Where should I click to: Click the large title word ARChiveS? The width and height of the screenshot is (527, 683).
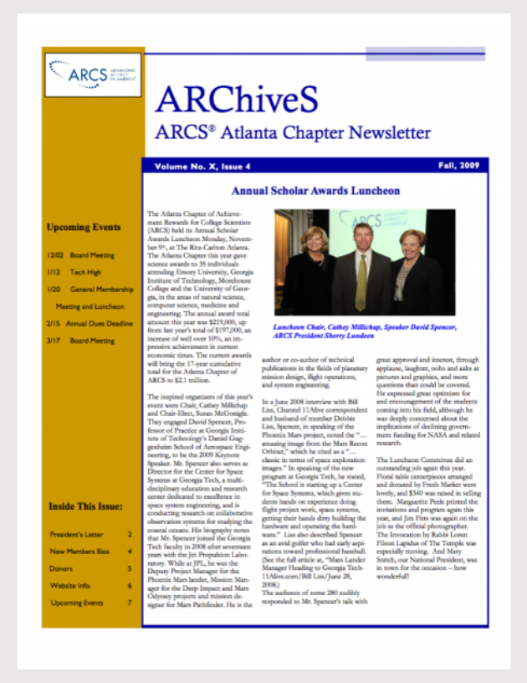[237, 100]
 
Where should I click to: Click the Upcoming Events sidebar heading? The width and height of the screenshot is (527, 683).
[84, 227]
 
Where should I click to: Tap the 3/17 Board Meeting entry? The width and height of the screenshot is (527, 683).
[80, 341]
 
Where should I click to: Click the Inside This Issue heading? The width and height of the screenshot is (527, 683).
[86, 506]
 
